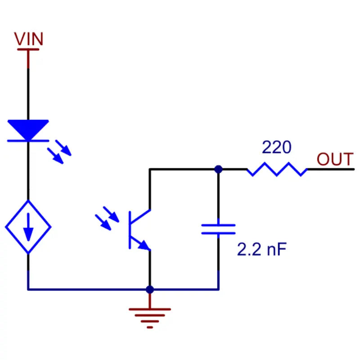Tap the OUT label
click(x=335, y=159)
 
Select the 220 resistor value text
click(x=276, y=147)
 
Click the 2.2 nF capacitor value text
click(x=261, y=250)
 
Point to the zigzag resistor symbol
click(x=277, y=169)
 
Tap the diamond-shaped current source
click(x=28, y=226)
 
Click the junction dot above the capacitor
click(x=218, y=169)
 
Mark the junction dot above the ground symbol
click(x=150, y=289)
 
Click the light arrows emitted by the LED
click(x=59, y=151)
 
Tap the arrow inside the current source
click(x=28, y=227)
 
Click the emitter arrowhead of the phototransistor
click(x=144, y=246)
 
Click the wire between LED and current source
click(x=28, y=171)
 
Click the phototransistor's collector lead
click(x=150, y=189)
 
